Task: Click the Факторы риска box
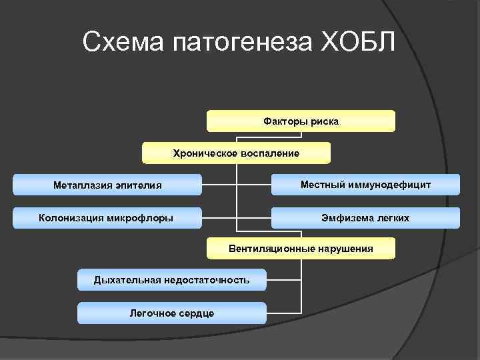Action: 301,121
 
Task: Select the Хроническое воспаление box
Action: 236,153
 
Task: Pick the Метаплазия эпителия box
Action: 107,185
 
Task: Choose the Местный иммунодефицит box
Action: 365,184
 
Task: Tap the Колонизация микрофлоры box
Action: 106,217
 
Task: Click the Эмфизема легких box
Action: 365,218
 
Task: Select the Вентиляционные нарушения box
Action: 301,249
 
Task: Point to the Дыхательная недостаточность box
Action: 171,280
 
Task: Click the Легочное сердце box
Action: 171,313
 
